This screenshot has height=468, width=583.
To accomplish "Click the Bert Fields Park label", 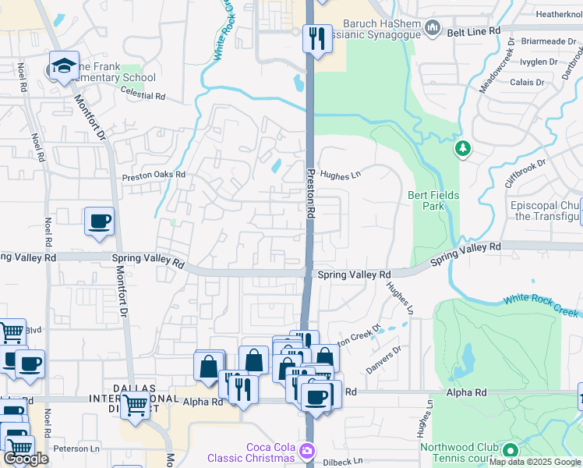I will click(x=433, y=200).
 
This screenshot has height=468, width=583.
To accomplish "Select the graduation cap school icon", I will click(x=65, y=64).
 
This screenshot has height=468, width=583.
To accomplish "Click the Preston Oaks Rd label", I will click(x=154, y=175).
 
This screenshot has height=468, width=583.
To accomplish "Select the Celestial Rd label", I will click(x=144, y=97).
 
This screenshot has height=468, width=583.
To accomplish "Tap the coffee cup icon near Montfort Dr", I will click(x=100, y=222).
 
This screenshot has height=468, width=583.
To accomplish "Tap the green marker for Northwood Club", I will click(x=511, y=451).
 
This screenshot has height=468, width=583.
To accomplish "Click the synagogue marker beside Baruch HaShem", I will click(x=433, y=29).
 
